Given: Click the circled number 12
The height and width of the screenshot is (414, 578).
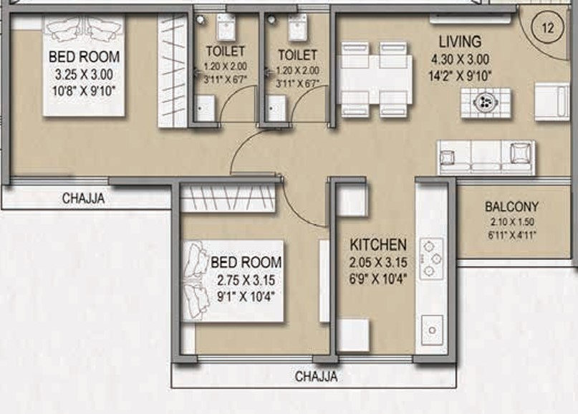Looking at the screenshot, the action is point(548,28).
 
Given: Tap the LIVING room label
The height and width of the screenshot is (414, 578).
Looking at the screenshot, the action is point(460,42).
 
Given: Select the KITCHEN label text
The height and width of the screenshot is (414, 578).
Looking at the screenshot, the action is point(378,245).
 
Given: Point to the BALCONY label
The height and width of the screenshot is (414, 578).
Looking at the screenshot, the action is point(511,207).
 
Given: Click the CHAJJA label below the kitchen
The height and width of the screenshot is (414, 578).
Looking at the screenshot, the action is point(316,377).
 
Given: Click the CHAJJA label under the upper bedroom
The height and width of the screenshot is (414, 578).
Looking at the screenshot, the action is point(83,198).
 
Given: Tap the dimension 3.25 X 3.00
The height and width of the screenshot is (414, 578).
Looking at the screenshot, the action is point(84,74).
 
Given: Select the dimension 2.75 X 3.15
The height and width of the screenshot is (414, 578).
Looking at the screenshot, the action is point(246,280).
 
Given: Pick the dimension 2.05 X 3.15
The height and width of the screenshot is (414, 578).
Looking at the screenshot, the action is point(378,262).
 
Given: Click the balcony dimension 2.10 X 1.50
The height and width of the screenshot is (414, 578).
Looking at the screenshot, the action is point(512,222).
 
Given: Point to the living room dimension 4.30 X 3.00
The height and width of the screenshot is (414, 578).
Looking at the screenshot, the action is point(460,59).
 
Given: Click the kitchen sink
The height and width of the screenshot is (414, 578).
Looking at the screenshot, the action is point(432,330).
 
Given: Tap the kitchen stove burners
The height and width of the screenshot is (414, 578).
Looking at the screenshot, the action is point(431,258).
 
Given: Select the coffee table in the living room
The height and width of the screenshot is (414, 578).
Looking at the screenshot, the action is point(486,103).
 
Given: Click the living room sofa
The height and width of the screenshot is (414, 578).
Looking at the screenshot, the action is point(486,158).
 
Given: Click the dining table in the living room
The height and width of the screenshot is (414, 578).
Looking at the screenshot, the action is point(375,80).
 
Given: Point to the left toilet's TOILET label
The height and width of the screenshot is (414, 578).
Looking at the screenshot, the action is point(225,52).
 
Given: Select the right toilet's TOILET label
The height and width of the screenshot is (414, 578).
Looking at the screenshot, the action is point(297,55).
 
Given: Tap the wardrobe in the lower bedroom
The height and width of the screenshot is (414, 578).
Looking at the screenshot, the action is point(228,198).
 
